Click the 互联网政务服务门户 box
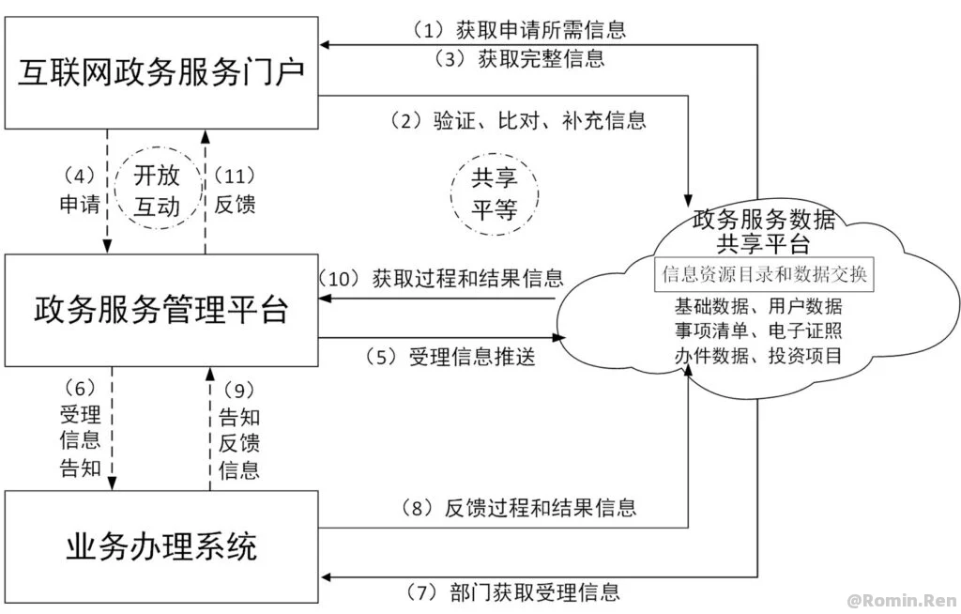(161, 73)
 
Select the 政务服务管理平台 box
(161, 310)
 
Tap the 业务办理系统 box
(161, 545)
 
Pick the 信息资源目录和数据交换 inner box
(764, 275)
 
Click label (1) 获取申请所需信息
(519, 29)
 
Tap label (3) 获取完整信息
(519, 58)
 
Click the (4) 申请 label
(80, 191)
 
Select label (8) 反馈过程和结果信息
(519, 508)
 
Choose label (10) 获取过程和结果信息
(441, 277)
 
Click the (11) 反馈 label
(236, 191)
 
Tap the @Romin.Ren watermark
(900, 598)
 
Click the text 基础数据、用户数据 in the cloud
(758, 306)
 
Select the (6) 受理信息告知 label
(80, 427)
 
